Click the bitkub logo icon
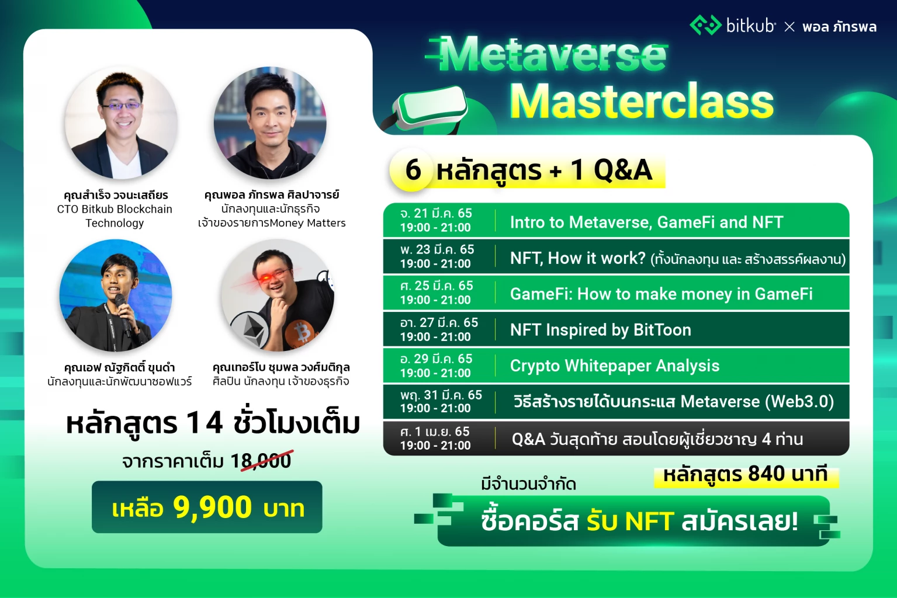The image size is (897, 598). (705, 26)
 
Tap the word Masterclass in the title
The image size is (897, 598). (641, 102)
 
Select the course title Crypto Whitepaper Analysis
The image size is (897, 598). (614, 366)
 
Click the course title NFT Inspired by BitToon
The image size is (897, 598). (600, 330)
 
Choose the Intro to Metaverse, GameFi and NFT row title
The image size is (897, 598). (646, 222)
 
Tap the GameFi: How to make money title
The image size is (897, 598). (661, 294)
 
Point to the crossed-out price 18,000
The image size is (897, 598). (261, 461)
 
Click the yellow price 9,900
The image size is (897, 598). (212, 507)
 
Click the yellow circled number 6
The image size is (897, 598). (413, 170)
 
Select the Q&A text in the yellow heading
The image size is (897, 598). (622, 170)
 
